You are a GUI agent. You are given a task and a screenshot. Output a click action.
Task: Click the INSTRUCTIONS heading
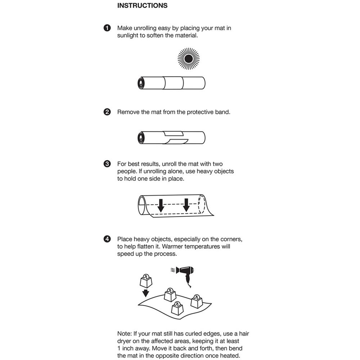[142, 6]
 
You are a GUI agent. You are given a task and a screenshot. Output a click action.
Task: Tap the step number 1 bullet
[107, 28]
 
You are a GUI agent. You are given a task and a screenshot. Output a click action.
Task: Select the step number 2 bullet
[107, 112]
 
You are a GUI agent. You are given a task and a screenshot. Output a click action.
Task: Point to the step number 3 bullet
[107, 164]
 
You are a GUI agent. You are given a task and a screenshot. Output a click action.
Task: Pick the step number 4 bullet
[107, 239]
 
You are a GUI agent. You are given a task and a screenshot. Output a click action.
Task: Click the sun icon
[188, 59]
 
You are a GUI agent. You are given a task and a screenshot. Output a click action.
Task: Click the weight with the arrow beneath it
[146, 279]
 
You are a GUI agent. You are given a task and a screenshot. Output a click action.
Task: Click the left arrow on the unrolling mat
[161, 205]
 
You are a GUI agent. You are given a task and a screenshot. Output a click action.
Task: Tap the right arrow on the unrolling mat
[186, 205]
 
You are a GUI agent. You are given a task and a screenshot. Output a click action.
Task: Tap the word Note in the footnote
[125, 334]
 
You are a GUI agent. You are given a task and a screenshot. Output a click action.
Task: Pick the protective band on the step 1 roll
[174, 84]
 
